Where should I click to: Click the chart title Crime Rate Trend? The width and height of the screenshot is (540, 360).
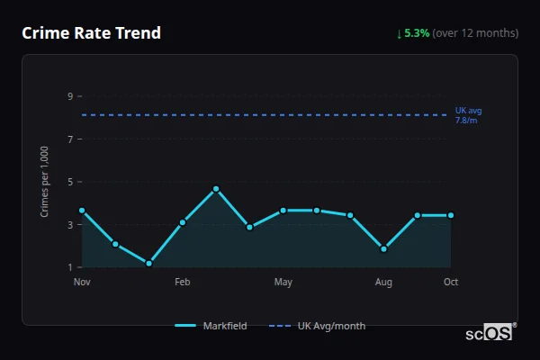(92, 33)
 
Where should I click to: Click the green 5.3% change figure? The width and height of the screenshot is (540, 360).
(417, 33)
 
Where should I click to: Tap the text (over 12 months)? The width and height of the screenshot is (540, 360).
(475, 33)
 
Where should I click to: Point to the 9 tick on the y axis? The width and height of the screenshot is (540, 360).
(69, 96)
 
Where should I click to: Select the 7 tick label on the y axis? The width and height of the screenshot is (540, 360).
(69, 139)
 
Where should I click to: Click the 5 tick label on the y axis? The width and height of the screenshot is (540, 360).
(69, 182)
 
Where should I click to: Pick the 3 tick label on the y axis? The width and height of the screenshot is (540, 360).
(69, 225)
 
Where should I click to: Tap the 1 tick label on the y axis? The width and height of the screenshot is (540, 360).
(69, 267)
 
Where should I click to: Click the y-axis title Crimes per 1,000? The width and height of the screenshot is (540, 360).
(45, 182)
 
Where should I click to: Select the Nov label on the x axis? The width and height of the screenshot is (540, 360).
(82, 283)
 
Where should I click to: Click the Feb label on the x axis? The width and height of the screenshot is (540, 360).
(183, 283)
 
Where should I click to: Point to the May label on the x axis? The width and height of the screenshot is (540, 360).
(283, 283)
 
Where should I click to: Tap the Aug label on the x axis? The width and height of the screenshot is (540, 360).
(383, 283)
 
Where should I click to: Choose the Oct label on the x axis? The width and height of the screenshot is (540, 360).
(451, 283)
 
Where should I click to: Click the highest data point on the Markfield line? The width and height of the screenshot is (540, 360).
(216, 189)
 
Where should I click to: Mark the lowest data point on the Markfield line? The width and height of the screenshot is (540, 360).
(149, 264)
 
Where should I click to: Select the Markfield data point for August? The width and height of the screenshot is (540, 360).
(383, 249)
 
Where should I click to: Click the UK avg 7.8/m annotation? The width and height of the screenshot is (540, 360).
(469, 115)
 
